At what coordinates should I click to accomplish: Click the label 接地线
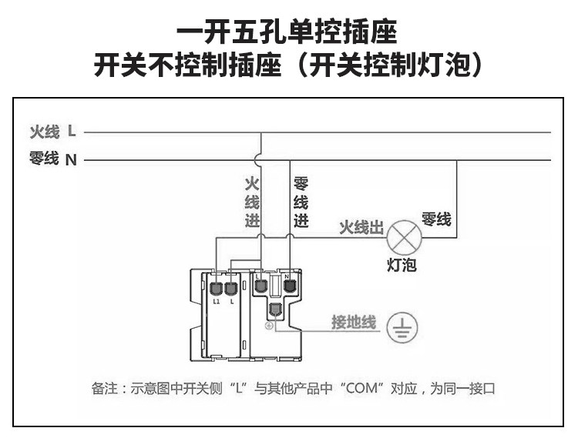[353, 322]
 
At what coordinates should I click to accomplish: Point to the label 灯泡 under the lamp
[401, 266]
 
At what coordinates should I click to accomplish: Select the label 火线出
[361, 229]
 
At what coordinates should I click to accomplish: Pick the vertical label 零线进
[301, 202]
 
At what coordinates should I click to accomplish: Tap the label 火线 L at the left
[52, 132]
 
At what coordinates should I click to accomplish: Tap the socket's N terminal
[290, 286]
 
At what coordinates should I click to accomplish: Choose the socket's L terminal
[260, 286]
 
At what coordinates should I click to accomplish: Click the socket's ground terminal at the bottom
[274, 311]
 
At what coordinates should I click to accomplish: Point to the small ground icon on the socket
[269, 326]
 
